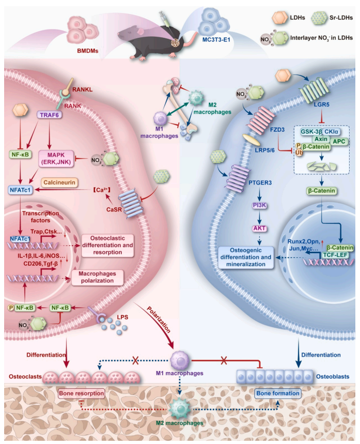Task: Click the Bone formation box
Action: coord(278,393)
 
